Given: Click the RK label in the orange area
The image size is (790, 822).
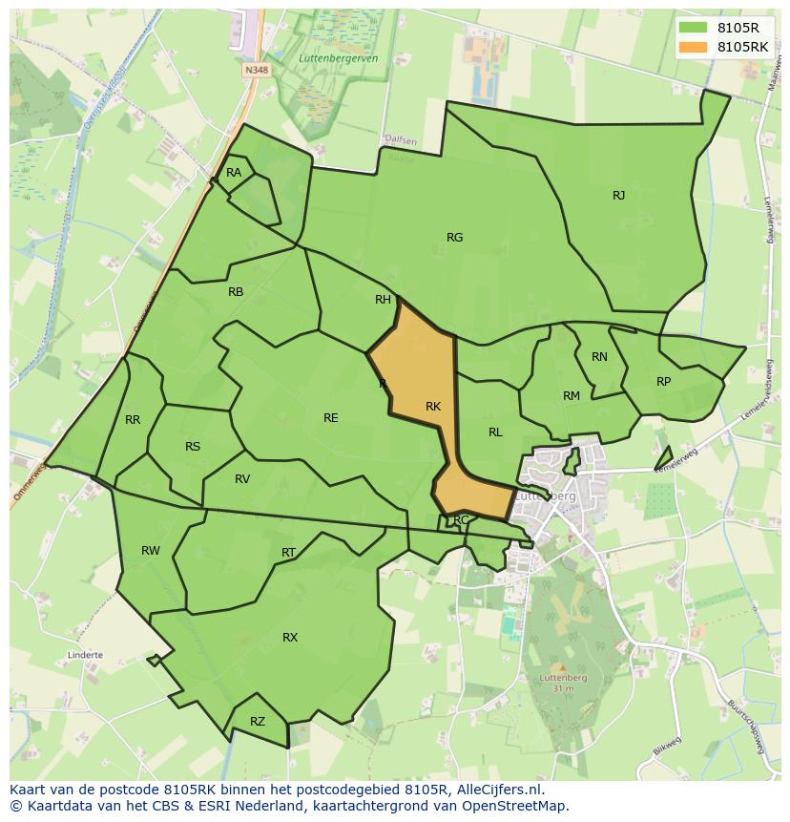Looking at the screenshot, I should pyautogui.click(x=433, y=407).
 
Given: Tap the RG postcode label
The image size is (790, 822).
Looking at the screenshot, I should pyautogui.click(x=454, y=238).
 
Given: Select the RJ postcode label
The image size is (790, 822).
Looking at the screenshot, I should pyautogui.click(x=618, y=196).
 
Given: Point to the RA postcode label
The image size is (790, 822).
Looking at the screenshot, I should pyautogui.click(x=234, y=173).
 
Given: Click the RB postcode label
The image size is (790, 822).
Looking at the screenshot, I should pyautogui.click(x=236, y=292).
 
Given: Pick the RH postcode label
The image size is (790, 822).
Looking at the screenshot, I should pyautogui.click(x=383, y=300).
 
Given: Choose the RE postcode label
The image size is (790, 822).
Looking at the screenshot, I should pyautogui.click(x=330, y=418).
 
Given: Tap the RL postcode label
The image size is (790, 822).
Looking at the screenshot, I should pyautogui.click(x=495, y=432).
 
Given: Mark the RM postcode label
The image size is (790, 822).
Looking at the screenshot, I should pyautogui.click(x=572, y=396).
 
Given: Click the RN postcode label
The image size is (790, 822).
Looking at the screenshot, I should pyautogui.click(x=599, y=357).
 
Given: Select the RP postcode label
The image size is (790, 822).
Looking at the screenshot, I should pyautogui.click(x=663, y=382).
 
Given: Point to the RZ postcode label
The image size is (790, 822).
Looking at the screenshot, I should pyautogui.click(x=258, y=723).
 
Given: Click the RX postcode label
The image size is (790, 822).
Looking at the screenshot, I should pyautogui.click(x=290, y=638).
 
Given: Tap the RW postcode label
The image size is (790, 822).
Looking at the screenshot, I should pyautogui.click(x=151, y=551).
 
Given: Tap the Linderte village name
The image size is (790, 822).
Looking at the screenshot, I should pyautogui.click(x=85, y=656).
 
